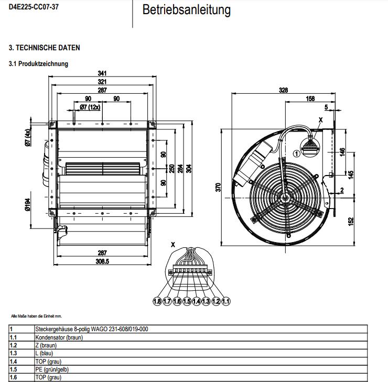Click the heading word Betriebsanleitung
[186, 10]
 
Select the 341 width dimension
[102, 73]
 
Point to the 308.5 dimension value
[102, 262]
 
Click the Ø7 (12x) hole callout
[90, 107]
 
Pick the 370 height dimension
[219, 187]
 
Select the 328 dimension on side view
[283, 90]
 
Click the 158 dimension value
[310, 99]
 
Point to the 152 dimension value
[351, 223]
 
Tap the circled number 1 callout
[296, 154]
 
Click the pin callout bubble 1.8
[157, 301]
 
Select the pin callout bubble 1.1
[226, 301]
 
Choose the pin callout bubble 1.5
[187, 301]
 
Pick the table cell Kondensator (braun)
[59, 337]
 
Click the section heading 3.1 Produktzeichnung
[38, 64]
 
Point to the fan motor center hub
[284, 198]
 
